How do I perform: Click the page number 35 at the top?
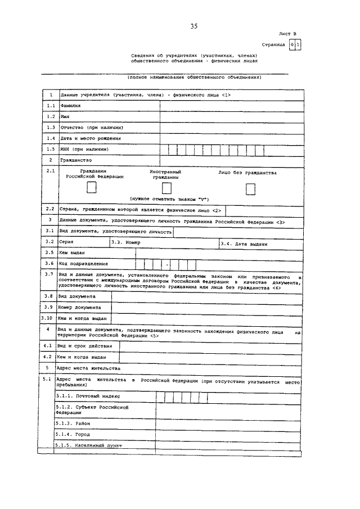click(194, 26)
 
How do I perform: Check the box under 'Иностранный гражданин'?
click(166, 188)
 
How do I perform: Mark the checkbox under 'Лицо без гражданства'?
click(250, 190)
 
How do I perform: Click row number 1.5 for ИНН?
click(50, 149)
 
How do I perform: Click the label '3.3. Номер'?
click(125, 242)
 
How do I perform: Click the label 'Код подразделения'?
click(83, 263)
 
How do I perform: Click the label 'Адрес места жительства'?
click(89, 368)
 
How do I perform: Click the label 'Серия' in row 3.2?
click(66, 241)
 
